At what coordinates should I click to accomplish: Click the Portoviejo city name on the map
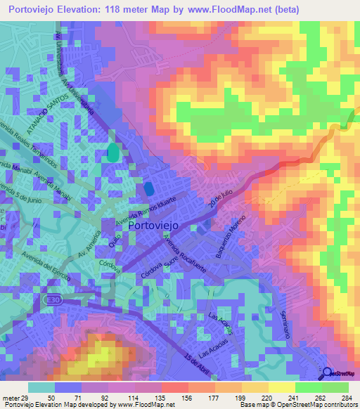154,226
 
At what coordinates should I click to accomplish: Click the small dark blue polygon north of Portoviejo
149,188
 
